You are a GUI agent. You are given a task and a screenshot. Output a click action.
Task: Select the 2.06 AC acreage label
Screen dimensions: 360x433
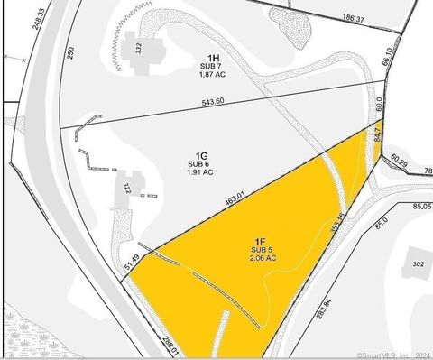pos(262,258)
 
